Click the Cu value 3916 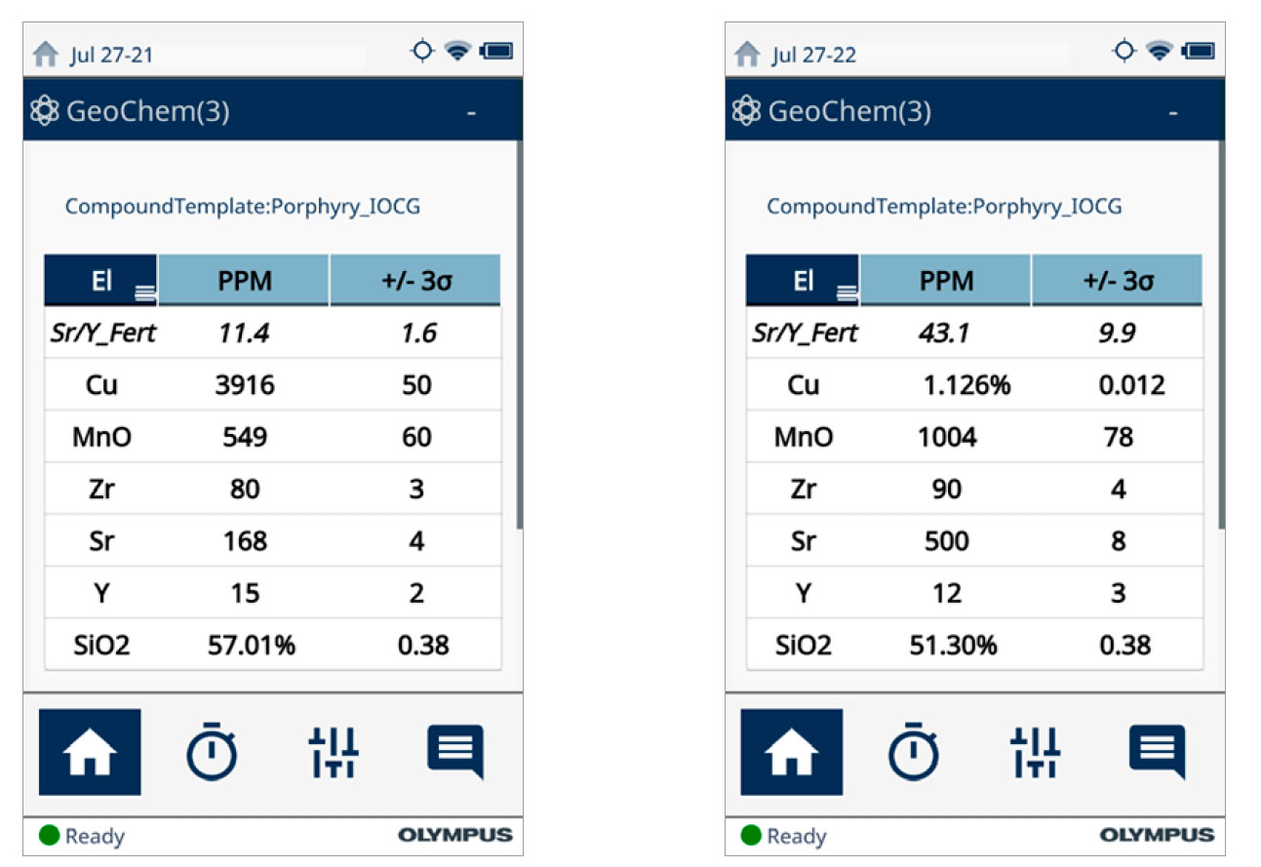click(245, 385)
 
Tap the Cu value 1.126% click(966, 385)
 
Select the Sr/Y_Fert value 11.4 click(244, 334)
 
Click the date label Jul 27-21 click(111, 55)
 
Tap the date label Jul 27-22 click(813, 55)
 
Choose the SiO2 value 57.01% click(251, 645)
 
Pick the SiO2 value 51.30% click(953, 645)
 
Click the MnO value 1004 click(947, 437)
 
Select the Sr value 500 click(947, 541)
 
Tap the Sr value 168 click(245, 541)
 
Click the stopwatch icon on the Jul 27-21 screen click(212, 752)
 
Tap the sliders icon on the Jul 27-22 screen click(1036, 752)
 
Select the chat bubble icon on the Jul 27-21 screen click(455, 752)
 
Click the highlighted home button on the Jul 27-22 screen click(791, 752)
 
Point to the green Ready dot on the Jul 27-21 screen click(50, 836)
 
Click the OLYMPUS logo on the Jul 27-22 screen click(1158, 836)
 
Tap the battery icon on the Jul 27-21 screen click(496, 52)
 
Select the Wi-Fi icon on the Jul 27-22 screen click(1159, 52)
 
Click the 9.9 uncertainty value click(1119, 334)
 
